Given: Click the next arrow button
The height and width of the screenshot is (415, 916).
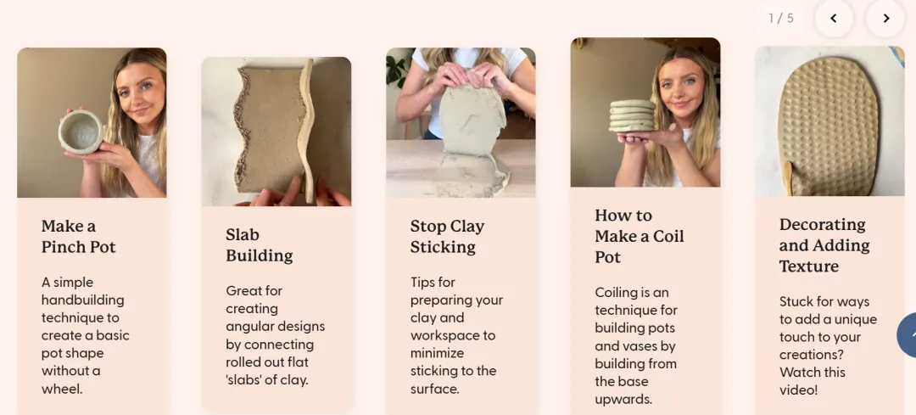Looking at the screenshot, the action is tap(885, 18).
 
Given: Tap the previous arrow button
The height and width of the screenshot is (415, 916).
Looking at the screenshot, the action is tap(834, 18).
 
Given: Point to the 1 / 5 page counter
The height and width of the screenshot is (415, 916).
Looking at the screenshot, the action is tap(781, 18).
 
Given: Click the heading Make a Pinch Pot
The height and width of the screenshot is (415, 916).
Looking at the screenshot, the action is tap(78, 236).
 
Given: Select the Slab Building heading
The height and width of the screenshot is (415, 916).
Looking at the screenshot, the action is tap(260, 245).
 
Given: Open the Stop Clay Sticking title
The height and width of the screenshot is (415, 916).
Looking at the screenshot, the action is tap(448, 236).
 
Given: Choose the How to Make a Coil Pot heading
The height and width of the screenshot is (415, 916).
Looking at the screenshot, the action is tap(640, 236).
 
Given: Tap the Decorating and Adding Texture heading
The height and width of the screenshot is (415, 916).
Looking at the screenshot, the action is tap(824, 245).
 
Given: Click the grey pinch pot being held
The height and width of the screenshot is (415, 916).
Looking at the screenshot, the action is tap(81, 132).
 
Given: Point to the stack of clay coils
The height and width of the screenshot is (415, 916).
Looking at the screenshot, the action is tap(632, 115).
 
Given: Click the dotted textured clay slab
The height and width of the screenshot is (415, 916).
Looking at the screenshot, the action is tap(829, 126).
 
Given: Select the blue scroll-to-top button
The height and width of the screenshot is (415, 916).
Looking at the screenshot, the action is tap(907, 335).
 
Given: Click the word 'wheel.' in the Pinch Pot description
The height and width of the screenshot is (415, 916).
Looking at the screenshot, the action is tap(62, 389).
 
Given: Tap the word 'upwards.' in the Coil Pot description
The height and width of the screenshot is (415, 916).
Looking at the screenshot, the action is tap(623, 399).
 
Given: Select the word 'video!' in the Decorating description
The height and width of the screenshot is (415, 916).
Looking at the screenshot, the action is tap(798, 390).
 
